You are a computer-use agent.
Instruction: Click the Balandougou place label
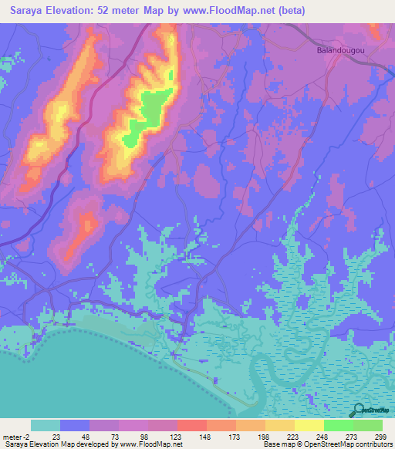click(x=339, y=50)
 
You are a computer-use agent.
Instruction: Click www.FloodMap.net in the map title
click(x=231, y=11)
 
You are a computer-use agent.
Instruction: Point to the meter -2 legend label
click(x=15, y=436)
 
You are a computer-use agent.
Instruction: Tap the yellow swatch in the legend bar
click(x=309, y=425)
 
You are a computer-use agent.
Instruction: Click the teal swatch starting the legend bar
click(x=45, y=425)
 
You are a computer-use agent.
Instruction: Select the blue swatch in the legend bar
click(x=74, y=425)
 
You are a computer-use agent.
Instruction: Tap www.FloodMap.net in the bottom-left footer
click(x=151, y=445)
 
